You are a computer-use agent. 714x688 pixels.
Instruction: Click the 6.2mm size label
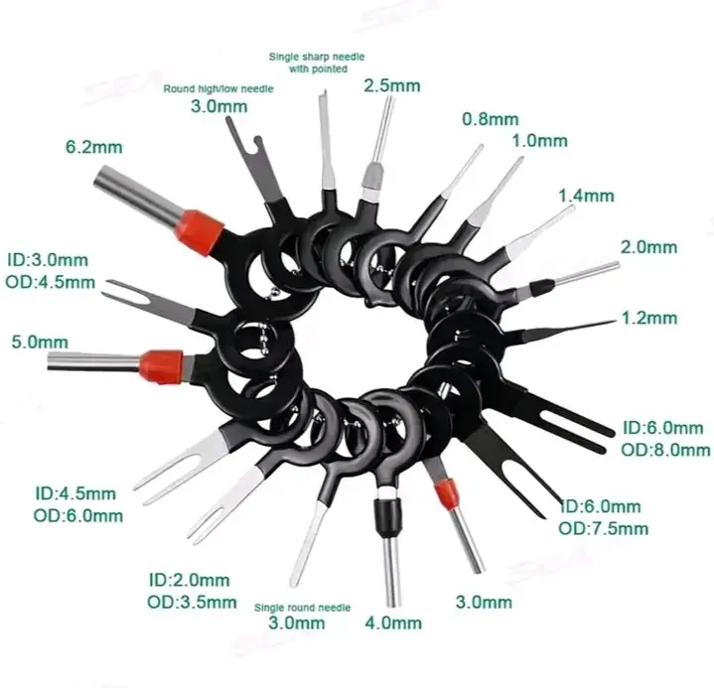coord(94,147)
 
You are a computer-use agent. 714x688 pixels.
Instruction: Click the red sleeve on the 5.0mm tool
coord(162,366)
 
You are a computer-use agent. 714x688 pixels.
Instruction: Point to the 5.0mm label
coord(40,342)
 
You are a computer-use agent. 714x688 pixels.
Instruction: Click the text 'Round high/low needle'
coord(218,88)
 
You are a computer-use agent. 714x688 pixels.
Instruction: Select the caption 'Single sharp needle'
coord(317,57)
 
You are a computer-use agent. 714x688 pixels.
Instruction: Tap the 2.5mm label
coord(392,85)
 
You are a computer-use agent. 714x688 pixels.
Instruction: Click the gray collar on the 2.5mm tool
coord(373,177)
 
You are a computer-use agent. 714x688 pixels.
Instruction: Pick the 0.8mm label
coord(491,119)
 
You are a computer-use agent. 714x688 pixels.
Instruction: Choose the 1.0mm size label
coord(540,141)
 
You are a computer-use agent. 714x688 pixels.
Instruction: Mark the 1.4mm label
coord(587,196)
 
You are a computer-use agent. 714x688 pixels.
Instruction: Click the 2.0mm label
coord(648,247)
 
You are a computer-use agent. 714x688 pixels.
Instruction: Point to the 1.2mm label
coord(649,318)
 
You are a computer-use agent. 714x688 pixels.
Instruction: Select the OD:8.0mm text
coord(665,450)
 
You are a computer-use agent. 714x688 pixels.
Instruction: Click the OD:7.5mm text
coord(604,528)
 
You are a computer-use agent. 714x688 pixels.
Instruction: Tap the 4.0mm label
coord(393,622)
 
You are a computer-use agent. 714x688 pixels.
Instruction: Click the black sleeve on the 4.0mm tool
coord(388,517)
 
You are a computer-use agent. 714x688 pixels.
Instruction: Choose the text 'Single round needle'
coord(302,608)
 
